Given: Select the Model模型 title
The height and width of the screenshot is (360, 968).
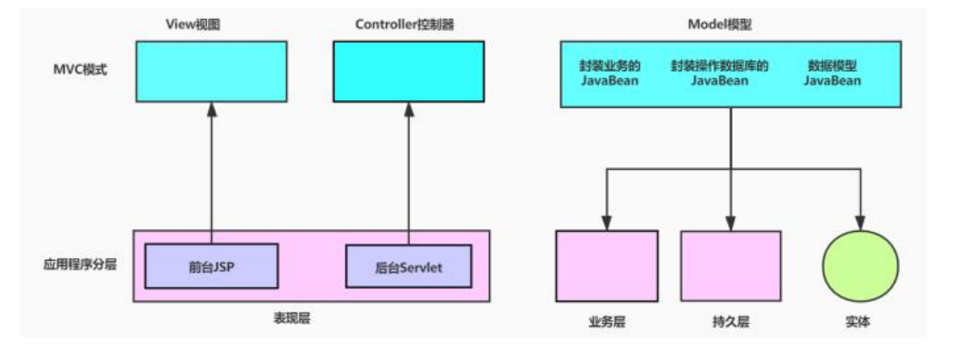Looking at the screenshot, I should click(x=730, y=25).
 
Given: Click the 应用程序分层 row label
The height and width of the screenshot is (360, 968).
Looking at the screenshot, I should click(x=80, y=266).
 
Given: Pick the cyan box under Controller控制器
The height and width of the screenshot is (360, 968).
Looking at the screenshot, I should click(x=407, y=71).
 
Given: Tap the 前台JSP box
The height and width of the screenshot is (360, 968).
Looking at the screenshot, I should click(x=211, y=266).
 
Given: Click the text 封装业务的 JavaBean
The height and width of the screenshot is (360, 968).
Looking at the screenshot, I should click(x=610, y=74).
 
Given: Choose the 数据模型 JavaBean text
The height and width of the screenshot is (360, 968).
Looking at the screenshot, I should click(x=832, y=74).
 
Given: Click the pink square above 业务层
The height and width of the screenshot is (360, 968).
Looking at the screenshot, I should click(x=606, y=265).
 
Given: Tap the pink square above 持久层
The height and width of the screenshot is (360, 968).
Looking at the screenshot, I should click(x=730, y=265).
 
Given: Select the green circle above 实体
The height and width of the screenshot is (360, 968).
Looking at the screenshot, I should click(x=860, y=266).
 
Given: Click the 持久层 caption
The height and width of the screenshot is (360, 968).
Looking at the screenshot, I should click(x=730, y=322).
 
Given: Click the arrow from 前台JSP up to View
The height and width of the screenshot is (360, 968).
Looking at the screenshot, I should click(x=211, y=173).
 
